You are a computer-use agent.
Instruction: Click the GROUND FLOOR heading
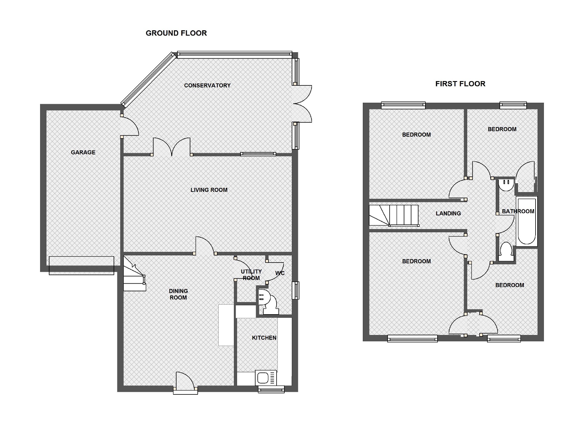click(176, 33)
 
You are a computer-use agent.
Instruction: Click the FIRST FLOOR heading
click(460, 84)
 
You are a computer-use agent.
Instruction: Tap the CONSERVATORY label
click(207, 85)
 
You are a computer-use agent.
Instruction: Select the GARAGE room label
click(83, 152)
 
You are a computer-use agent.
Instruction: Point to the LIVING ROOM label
click(209, 190)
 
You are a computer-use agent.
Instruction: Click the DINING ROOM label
click(178, 294)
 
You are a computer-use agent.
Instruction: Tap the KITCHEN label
click(264, 338)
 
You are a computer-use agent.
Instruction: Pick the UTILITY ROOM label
click(251, 275)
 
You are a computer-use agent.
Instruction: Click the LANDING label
click(448, 214)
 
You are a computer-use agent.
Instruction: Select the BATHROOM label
click(518, 211)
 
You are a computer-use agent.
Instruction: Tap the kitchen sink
click(266, 378)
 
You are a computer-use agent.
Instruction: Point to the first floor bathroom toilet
click(506, 252)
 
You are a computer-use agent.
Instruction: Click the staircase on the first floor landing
click(394, 215)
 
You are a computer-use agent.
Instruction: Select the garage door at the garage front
click(82, 265)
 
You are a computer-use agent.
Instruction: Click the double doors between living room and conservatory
click(172, 147)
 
